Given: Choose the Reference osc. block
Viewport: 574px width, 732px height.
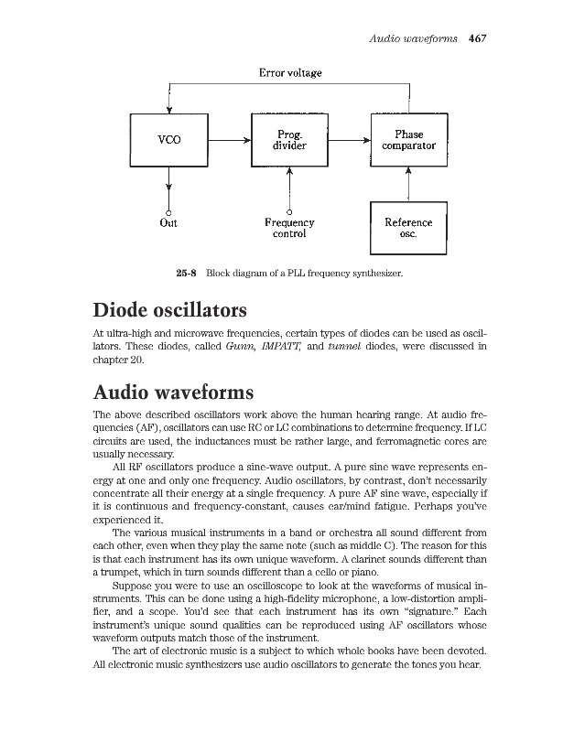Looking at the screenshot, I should [408, 227].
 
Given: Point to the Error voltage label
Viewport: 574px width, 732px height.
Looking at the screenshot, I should [289, 72].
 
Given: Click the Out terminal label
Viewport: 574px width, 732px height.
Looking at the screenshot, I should [168, 222].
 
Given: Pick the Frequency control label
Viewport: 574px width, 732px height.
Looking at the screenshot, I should [289, 228].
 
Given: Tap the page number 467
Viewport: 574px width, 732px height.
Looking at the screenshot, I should [480, 38].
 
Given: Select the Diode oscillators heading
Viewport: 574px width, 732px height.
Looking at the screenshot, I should [171, 309].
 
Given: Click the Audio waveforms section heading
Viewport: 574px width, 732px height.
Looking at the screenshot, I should [173, 393].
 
